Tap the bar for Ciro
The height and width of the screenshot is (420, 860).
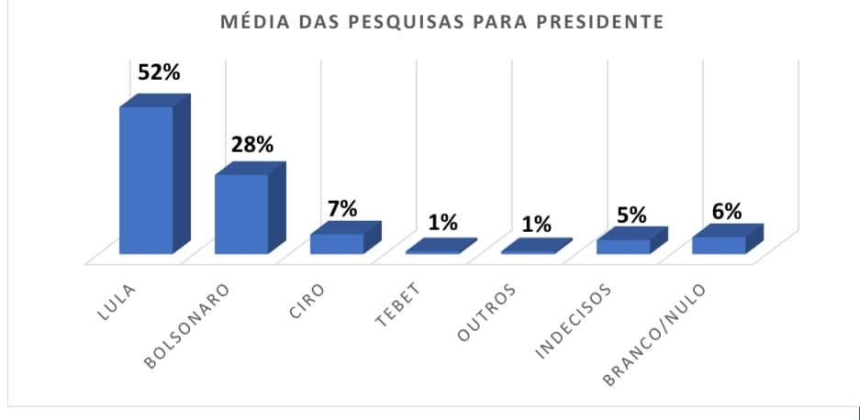coord(337,243)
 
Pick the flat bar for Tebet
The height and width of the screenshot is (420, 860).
coord(439,248)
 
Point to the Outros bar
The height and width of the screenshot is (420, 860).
coord(535,248)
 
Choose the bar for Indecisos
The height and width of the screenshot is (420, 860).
coord(624,245)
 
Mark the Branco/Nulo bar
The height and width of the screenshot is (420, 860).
coord(720,244)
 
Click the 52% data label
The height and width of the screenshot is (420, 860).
coord(159,73)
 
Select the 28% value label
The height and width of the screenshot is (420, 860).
coord(252,144)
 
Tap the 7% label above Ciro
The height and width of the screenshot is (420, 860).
coord(342,208)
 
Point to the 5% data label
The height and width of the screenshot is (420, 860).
coord(631,216)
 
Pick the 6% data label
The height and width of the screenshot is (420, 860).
coord(727,211)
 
